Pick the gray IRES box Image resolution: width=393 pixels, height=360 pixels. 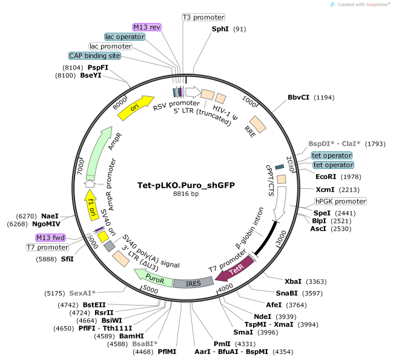coord(194,283)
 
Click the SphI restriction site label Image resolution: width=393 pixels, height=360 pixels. coord(220,29)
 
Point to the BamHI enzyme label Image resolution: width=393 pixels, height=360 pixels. coord(131,335)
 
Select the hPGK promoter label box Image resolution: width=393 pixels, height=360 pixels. coord(340,201)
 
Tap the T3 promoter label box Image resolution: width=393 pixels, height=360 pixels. coord(203,17)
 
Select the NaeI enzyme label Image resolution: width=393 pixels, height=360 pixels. coord(50,215)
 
